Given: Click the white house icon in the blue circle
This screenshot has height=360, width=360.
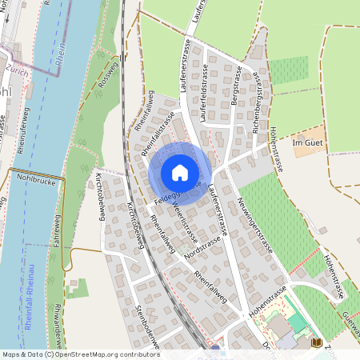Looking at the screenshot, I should (x=180, y=173).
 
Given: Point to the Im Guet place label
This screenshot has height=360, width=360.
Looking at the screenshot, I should (x=306, y=142).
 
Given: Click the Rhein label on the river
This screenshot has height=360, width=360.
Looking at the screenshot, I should (x=62, y=57).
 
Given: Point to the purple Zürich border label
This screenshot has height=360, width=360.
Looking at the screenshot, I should (x=16, y=70).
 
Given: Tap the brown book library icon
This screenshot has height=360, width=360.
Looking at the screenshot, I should (x=316, y=342).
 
